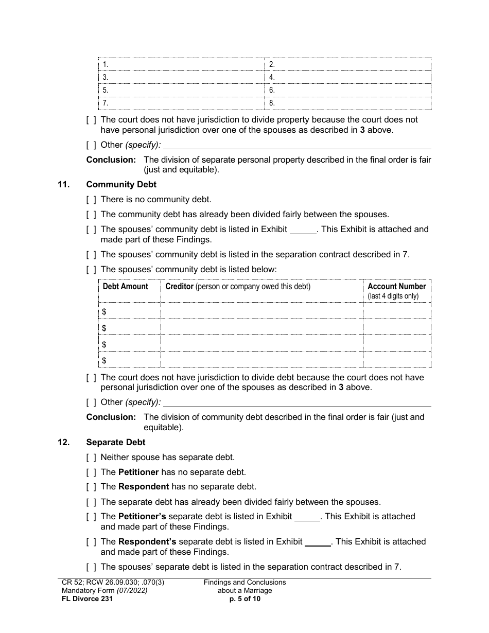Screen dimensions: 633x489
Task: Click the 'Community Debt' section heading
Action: [x=121, y=184]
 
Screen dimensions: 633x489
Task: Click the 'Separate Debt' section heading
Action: [x=116, y=442]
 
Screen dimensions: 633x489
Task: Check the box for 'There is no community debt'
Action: [x=91, y=200]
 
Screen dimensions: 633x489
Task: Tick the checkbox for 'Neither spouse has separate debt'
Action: [x=91, y=457]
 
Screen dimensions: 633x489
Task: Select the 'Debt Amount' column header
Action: [x=125, y=287]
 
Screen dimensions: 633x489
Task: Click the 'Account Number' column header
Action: [x=396, y=287]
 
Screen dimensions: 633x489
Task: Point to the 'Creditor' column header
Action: [x=179, y=287]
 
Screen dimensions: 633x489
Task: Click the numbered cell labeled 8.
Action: [x=348, y=103]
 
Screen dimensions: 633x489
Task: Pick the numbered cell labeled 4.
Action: [x=348, y=77]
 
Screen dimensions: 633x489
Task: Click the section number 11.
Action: [x=64, y=184]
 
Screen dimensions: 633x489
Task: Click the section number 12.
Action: [x=64, y=442]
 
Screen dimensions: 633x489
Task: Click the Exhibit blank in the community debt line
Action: [x=303, y=230]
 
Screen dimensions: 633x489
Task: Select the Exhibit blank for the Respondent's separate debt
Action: [x=318, y=542]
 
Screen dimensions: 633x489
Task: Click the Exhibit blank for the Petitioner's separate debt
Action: [x=307, y=517]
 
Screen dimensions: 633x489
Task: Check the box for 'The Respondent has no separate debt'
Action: [x=91, y=487]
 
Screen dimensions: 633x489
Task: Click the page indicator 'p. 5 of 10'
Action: [x=244, y=599]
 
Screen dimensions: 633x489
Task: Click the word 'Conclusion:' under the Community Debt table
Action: [x=111, y=417]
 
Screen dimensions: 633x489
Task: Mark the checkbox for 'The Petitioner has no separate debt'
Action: [x=91, y=472]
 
